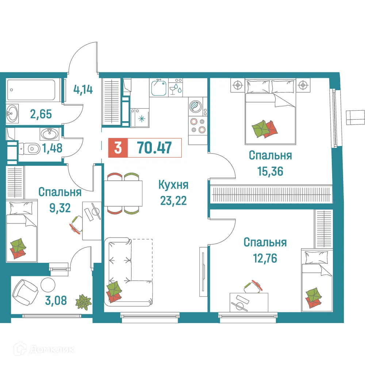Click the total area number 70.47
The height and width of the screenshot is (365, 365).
pyautogui.click(x=154, y=148)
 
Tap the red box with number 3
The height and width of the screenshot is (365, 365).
pyautogui.click(x=118, y=148)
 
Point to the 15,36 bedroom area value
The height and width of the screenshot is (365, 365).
pyautogui.click(x=270, y=171)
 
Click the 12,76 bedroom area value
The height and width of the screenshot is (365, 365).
pyautogui.click(x=265, y=258)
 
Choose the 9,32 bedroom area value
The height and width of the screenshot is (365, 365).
pyautogui.click(x=59, y=208)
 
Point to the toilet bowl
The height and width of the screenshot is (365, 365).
pyautogui.click(x=32, y=148)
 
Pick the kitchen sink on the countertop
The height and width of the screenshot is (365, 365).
pyautogui.click(x=159, y=88)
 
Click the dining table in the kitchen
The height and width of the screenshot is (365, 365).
pyautogui.click(x=124, y=193)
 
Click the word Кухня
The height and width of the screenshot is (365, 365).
pyautogui.click(x=173, y=185)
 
